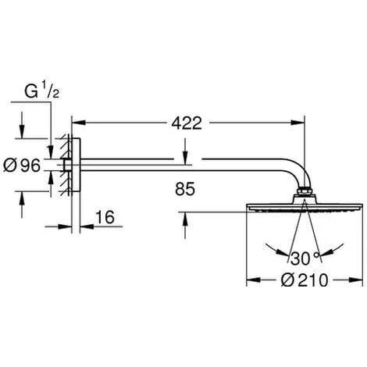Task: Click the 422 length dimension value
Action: coord(187,123)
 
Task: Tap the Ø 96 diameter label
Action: coord(22,166)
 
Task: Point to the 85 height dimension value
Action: coord(185,189)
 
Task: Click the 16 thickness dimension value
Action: coord(105,217)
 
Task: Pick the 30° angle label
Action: coord(305,258)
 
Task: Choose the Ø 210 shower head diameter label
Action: coord(305,280)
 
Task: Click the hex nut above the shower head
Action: coord(304,191)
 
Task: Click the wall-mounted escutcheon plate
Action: coord(76,166)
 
